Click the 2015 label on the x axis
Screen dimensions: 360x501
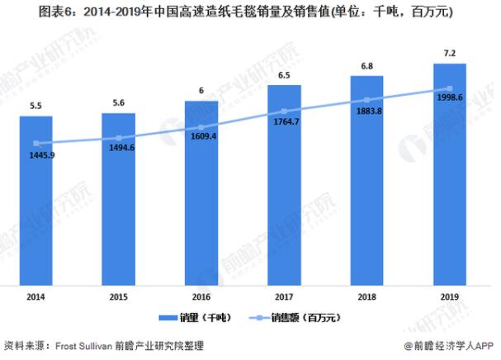click(118, 295)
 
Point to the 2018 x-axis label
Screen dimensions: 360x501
click(367, 295)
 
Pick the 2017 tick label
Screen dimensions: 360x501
click(284, 295)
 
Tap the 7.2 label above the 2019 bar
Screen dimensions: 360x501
click(450, 54)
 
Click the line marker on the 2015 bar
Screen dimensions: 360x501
click(119, 138)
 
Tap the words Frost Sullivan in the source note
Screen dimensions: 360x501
click(84, 344)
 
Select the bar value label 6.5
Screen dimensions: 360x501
click(284, 76)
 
